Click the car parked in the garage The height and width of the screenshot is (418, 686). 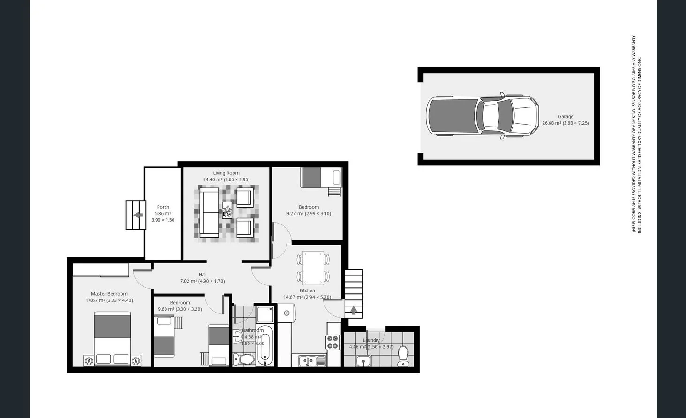pos(482,116)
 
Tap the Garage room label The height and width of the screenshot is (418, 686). pos(565,117)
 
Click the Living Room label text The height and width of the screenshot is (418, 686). pos(226,173)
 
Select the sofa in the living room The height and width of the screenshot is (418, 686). pos(209,213)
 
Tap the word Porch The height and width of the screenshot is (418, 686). pos(163,207)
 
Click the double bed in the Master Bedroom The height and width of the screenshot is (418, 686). pos(113,338)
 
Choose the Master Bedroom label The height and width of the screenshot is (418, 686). pos(109,294)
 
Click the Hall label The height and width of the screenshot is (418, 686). pos(203,275)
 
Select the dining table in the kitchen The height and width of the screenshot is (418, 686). pos(313,268)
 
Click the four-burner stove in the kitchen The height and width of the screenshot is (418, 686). pos(333,342)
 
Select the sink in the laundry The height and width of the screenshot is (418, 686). pos(363,361)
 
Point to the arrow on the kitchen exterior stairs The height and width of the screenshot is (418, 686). pos(354,310)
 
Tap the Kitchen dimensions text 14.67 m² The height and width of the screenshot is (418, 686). pos(294,297)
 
